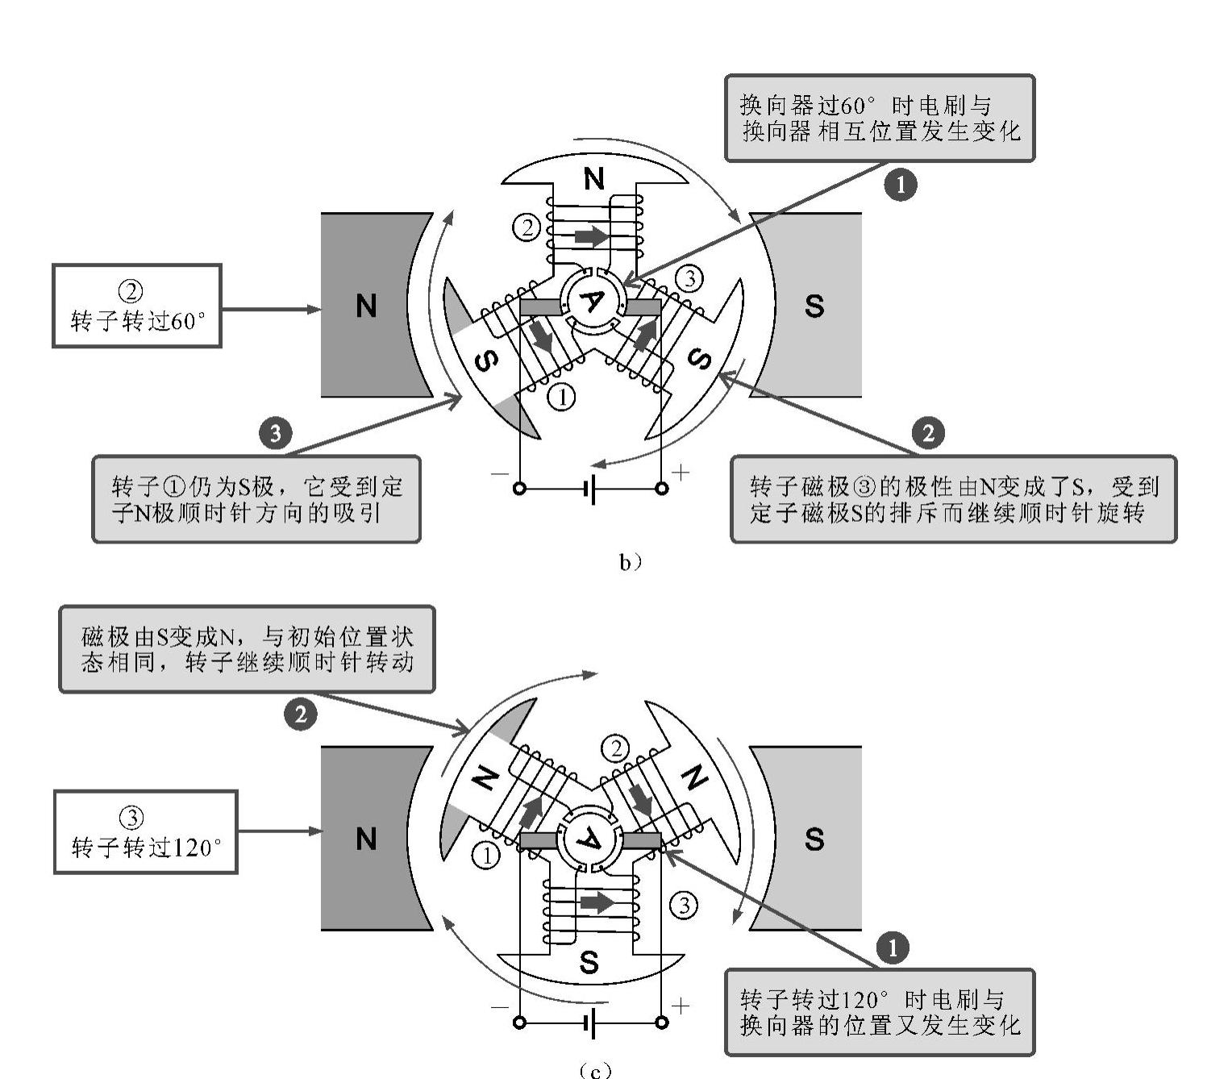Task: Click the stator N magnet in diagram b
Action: [367, 306]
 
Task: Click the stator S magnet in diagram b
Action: [814, 306]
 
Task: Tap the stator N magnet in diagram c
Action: [367, 839]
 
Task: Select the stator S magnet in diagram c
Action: [814, 839]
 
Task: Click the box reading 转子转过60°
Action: [137, 306]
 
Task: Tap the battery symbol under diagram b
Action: [591, 489]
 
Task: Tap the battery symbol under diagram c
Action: [591, 1023]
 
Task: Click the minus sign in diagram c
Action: [500, 1006]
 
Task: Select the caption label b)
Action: [630, 562]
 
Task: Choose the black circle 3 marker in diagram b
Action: [275, 433]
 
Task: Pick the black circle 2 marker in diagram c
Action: [300, 714]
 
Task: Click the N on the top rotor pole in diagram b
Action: [594, 179]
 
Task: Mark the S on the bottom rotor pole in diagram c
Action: [589, 962]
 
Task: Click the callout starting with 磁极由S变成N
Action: [247, 650]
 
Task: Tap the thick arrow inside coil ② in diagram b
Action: [591, 236]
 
